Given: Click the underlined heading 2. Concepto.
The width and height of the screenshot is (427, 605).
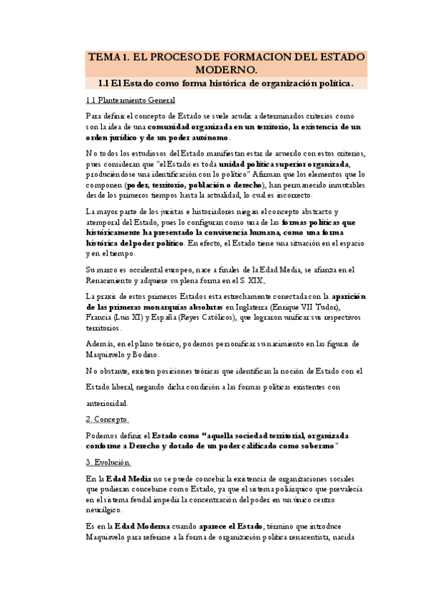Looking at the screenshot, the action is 108,419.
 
